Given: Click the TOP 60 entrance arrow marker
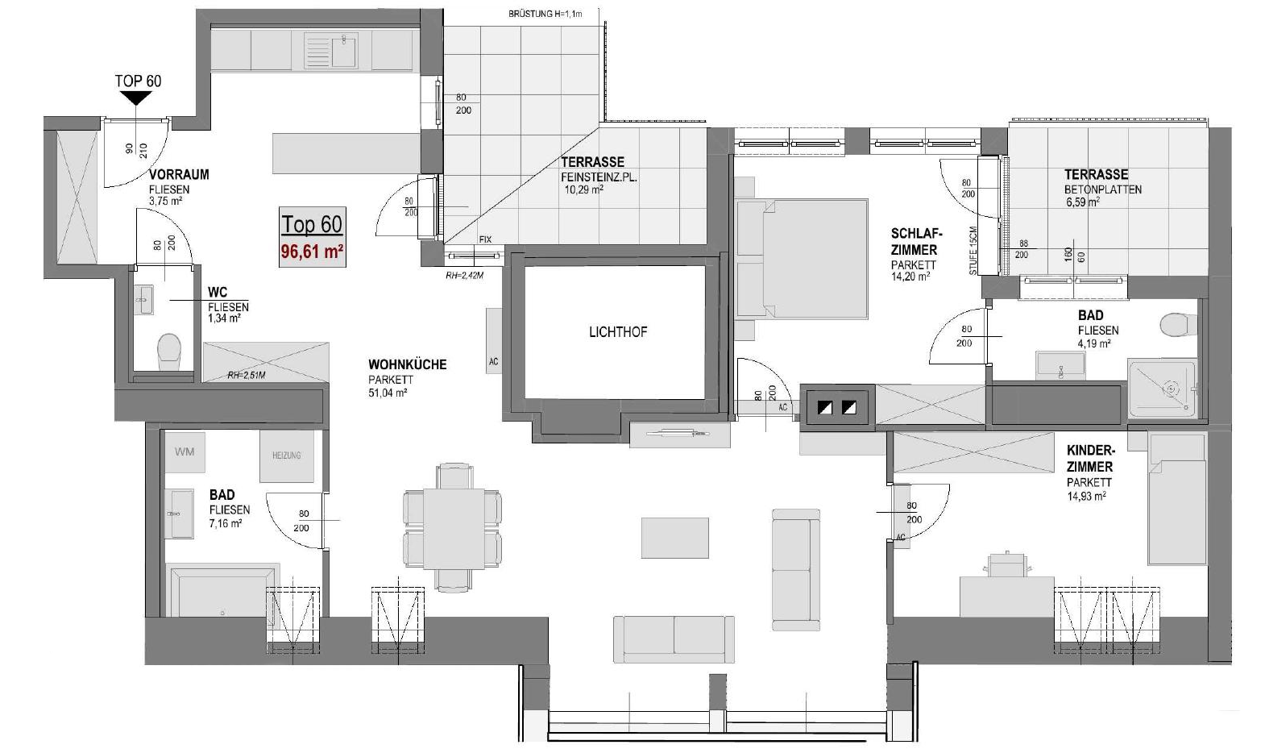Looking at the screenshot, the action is [137, 99].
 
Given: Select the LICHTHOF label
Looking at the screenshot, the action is [618, 332].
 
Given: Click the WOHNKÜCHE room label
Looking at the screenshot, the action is [407, 364].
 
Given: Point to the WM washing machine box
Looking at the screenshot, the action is [185, 451].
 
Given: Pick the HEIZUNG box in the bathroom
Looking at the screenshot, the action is [286, 456].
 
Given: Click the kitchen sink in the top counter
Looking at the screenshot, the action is [331, 49].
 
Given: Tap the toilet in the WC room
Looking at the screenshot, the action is [168, 352].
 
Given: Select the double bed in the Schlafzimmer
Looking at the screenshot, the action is [803, 259].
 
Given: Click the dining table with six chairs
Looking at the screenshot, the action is [453, 527].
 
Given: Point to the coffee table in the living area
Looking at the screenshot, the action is [675, 538].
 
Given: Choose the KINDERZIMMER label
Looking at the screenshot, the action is [1090, 459].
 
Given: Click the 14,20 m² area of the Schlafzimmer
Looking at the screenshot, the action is [910, 277].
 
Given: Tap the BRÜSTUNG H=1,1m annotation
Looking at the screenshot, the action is [545, 15].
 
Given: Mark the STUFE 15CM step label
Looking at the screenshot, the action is [973, 251].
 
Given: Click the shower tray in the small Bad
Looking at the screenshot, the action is [1162, 389].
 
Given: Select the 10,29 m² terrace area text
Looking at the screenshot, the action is [584, 189].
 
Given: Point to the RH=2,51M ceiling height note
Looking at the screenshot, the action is [247, 375].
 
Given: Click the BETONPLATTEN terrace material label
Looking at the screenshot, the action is [1103, 189].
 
